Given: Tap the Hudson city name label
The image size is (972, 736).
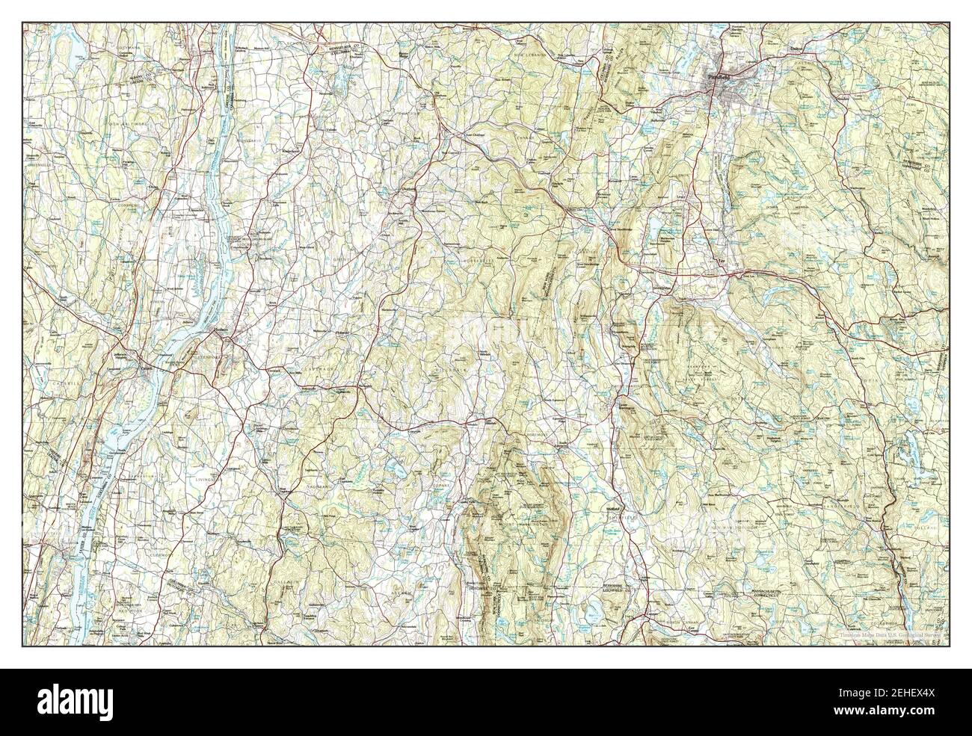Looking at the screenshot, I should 220,329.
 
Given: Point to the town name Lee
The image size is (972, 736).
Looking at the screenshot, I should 722,262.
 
